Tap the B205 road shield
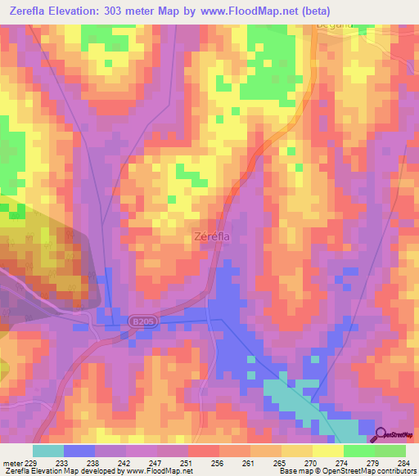142,323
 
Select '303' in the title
139,11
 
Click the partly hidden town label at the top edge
334,25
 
